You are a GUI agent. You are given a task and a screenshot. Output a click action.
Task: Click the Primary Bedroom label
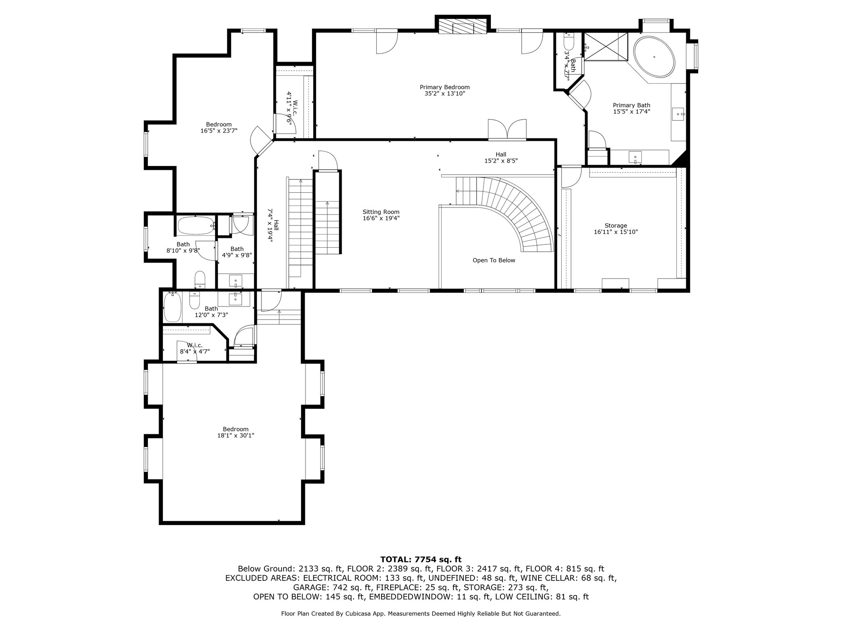click(x=444, y=87)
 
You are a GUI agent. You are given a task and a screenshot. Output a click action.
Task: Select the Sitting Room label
click(x=381, y=212)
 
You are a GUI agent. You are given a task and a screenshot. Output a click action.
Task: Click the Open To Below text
click(x=494, y=260)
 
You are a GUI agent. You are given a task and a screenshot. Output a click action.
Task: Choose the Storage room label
click(x=616, y=226)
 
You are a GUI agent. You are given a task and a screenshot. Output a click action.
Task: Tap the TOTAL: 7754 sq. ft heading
click(x=421, y=560)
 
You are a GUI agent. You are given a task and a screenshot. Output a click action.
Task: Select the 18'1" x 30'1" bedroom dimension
click(x=236, y=435)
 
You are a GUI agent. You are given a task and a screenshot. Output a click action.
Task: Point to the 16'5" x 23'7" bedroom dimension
click(x=219, y=131)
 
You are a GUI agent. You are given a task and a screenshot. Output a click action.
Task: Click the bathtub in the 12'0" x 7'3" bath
click(x=172, y=307)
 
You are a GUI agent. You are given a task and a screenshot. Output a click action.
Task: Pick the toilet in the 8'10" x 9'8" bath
click(x=200, y=279)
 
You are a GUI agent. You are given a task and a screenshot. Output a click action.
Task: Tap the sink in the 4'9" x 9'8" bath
click(x=236, y=281)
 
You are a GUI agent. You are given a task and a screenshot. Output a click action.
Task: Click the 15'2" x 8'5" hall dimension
click(x=501, y=161)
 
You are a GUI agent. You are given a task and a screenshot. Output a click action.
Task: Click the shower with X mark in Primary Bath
click(x=606, y=46)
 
